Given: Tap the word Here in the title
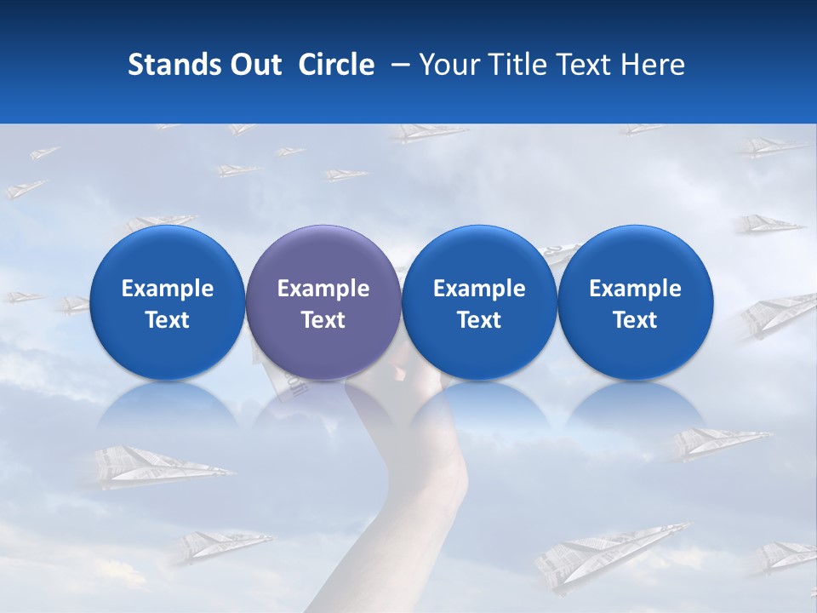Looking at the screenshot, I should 654,65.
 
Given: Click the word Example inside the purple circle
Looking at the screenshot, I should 323,289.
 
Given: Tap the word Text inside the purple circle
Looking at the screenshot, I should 323,320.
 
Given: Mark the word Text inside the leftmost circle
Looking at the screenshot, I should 168,320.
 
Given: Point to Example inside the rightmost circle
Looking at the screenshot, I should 635,289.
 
